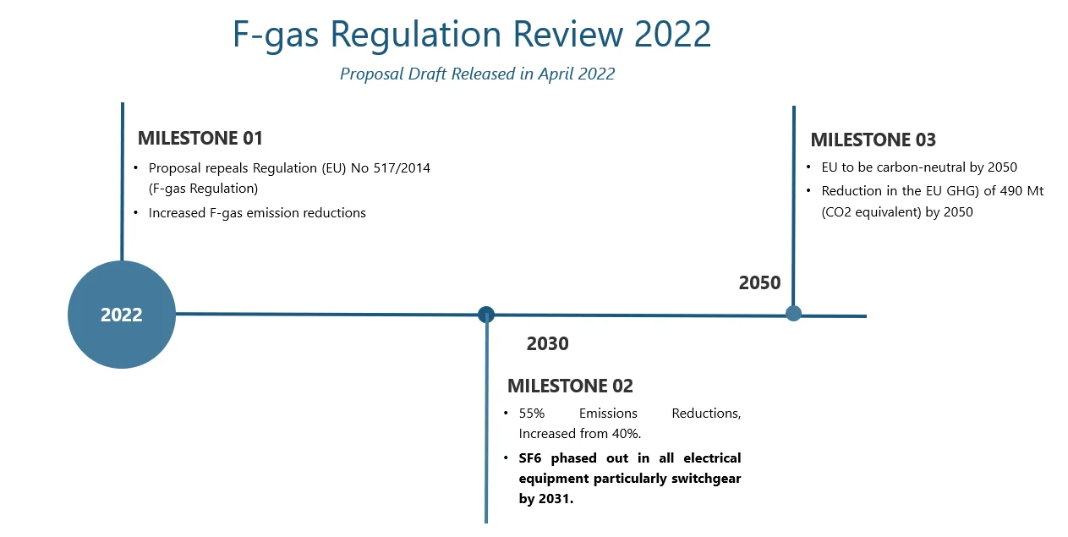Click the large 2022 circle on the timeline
122,315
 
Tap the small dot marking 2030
486,315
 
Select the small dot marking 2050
793,314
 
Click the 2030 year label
547,344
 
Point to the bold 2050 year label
759,282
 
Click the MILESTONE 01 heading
200,139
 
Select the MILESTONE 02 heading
570,386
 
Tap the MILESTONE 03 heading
873,140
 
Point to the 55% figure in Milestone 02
532,413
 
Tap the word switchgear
706,479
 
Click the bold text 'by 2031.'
546,499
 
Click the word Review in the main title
568,34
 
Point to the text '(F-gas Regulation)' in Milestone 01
203,189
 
